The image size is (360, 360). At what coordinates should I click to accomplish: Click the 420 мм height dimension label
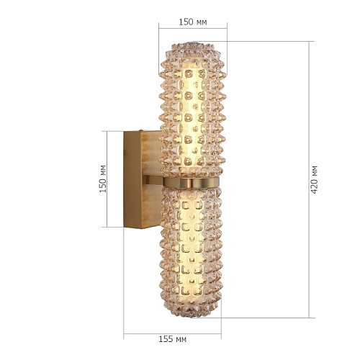point(314,179)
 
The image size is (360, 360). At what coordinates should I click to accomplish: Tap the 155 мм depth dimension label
point(172,339)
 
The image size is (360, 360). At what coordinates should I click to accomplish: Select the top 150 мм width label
point(193,22)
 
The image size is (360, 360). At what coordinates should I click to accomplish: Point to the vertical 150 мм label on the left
point(103,179)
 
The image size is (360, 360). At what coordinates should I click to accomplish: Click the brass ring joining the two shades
point(191,182)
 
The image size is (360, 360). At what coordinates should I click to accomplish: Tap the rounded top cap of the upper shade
point(192,49)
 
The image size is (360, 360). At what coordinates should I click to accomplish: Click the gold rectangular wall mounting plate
point(142,179)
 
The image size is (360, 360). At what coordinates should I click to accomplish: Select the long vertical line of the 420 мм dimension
point(309,179)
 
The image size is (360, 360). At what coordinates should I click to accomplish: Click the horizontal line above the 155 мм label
point(172,333)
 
